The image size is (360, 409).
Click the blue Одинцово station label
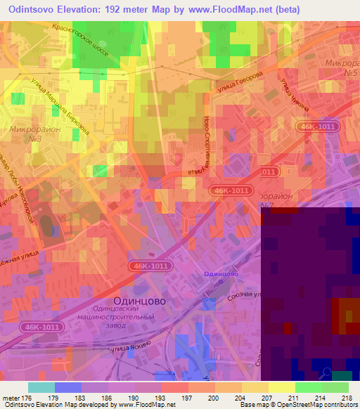tap(220, 273)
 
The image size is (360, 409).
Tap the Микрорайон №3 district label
tap(31, 134)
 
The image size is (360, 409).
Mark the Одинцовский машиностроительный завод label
tap(124, 317)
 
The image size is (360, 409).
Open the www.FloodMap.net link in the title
tap(241, 9)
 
